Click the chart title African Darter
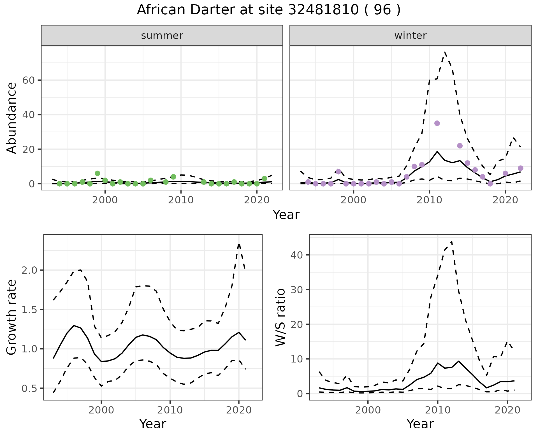click(x=268, y=10)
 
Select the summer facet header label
click(x=162, y=36)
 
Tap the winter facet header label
click(x=410, y=36)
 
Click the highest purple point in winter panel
click(x=437, y=123)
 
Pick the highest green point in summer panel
click(x=98, y=173)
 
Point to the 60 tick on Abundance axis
click(x=30, y=80)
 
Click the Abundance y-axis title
click(x=12, y=118)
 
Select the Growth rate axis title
click(x=12, y=317)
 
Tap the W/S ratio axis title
click(x=280, y=317)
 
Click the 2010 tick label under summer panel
click(x=181, y=200)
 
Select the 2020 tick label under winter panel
click(x=505, y=200)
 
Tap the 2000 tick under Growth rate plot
click(x=101, y=410)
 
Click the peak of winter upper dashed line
click(x=445, y=52)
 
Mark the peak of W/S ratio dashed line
click(x=452, y=241)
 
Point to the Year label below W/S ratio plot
click(x=420, y=424)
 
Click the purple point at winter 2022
click(x=520, y=168)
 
